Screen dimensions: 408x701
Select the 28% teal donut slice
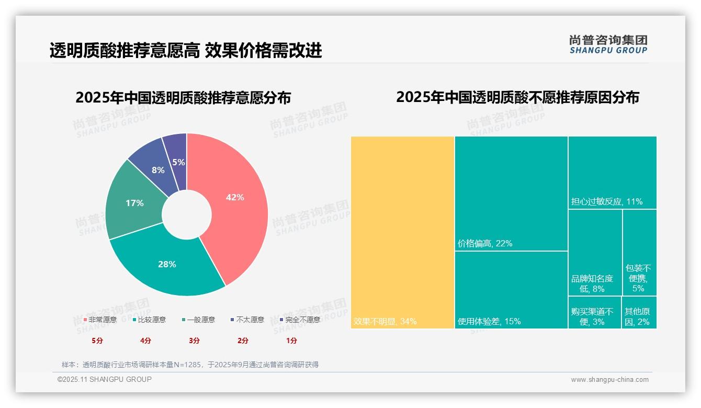coord(167,264)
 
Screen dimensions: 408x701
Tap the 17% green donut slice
coord(134,203)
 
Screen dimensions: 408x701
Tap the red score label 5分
coord(97,341)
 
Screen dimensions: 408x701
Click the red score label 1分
coord(291,341)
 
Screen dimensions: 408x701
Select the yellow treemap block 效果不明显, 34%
coord(402,232)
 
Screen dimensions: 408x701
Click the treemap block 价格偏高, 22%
coord(511,194)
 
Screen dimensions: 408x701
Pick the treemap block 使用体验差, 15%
coord(511,290)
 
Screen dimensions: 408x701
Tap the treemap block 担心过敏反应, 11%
coord(612,173)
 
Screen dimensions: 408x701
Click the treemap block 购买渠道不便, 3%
coord(594,312)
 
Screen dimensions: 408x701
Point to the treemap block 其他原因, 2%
coord(639,312)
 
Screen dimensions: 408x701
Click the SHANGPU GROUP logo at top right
coord(608,44)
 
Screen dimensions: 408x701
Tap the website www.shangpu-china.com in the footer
coord(609,380)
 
